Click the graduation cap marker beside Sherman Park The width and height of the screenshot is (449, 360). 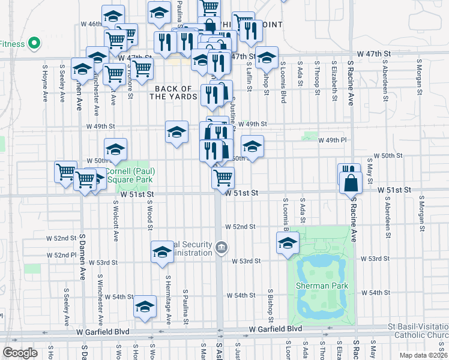point(288,244)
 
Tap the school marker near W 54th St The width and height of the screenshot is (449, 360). point(145,307)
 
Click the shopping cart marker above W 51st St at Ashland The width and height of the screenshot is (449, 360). point(223,177)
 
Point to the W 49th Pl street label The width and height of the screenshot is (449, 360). point(333,140)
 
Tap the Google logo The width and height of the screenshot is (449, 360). point(20,352)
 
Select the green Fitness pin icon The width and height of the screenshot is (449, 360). point(34,43)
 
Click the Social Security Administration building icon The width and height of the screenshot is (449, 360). point(221,248)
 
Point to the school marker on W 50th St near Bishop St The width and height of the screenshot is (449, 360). point(252,146)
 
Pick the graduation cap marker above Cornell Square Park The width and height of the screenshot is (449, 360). point(115,149)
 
